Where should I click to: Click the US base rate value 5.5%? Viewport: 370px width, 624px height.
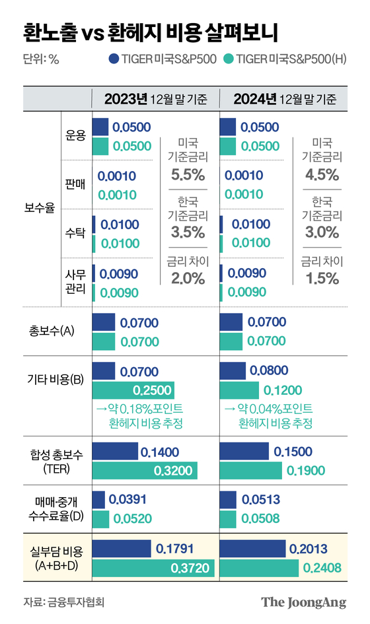(x=188, y=175)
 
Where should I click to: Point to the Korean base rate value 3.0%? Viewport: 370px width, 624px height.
(x=322, y=232)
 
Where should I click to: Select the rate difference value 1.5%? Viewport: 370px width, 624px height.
(x=322, y=279)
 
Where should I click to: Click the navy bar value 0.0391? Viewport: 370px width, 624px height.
(x=126, y=500)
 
